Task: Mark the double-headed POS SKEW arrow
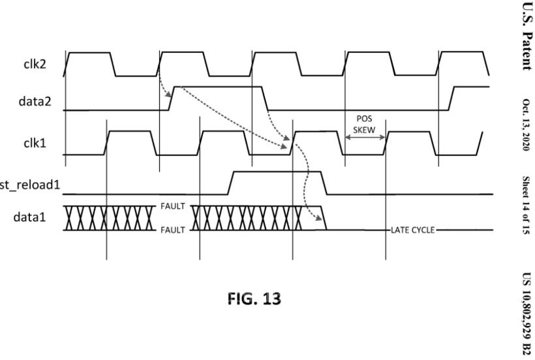(365, 138)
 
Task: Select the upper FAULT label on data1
(174, 206)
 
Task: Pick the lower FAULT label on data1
(174, 230)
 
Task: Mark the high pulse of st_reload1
(277, 172)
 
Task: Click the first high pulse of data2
(219, 86)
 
